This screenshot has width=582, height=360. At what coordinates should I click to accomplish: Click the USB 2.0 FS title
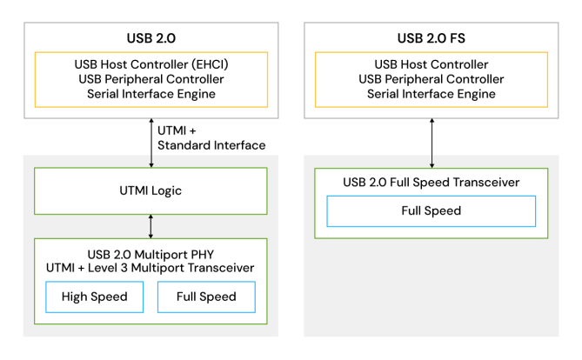(431, 37)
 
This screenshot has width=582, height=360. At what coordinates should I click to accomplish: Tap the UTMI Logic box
(151, 190)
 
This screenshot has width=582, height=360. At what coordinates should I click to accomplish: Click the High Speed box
(94, 297)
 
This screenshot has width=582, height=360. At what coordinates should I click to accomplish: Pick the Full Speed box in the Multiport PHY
(206, 297)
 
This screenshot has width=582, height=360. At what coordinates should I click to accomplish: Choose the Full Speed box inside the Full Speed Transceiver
(431, 210)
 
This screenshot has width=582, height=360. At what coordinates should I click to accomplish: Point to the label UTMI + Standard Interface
(211, 137)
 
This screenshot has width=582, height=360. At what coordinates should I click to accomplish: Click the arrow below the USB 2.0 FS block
(431, 142)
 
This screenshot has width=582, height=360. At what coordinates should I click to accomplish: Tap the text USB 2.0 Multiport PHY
(151, 253)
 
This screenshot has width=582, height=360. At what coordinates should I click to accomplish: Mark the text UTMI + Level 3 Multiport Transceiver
(151, 268)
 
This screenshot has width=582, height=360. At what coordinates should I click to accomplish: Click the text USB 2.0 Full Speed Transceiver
(431, 182)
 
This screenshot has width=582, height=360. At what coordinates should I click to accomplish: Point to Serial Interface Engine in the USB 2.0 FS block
(431, 93)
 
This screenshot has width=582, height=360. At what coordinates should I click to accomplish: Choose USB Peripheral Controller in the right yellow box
(431, 79)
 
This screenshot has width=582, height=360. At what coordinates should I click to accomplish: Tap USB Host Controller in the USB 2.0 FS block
(431, 64)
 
